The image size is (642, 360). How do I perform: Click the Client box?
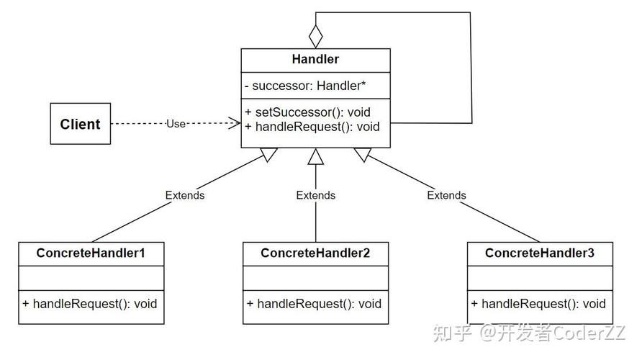[80, 124]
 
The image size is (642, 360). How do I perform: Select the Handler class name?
[315, 60]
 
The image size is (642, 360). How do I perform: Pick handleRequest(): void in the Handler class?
[312, 127]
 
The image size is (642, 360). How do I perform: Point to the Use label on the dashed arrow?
[176, 124]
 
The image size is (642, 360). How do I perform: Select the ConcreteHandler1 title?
[91, 253]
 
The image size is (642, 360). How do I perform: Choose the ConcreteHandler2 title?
[315, 253]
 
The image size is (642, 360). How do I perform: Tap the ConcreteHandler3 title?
[539, 253]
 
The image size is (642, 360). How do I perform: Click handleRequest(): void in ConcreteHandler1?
[90, 303]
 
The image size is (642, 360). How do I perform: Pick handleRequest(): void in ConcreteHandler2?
[315, 303]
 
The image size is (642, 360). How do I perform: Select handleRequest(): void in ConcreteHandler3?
[539, 303]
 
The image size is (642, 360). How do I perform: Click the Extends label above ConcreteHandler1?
[185, 195]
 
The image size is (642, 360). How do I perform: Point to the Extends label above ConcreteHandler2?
[315, 195]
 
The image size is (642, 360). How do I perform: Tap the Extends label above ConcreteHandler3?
[446, 195]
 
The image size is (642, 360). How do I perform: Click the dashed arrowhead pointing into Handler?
[235, 124]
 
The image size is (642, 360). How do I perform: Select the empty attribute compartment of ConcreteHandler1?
[91, 277]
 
